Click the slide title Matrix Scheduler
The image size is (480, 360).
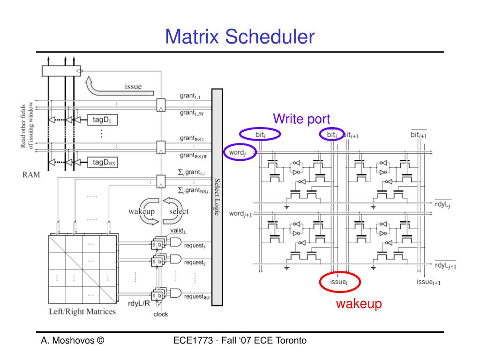click(240, 37)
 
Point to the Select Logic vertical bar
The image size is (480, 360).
click(217, 197)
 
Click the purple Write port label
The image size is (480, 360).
click(301, 119)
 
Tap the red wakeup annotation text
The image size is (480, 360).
click(359, 304)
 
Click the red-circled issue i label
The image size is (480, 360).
click(340, 282)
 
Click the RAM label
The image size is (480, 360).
click(32, 175)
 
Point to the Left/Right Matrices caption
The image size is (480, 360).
click(82, 312)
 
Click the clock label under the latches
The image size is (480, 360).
click(161, 314)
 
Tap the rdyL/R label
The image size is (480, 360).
click(139, 303)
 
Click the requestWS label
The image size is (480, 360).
click(196, 296)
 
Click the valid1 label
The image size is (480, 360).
click(178, 231)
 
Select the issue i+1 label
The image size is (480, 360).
click(428, 282)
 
